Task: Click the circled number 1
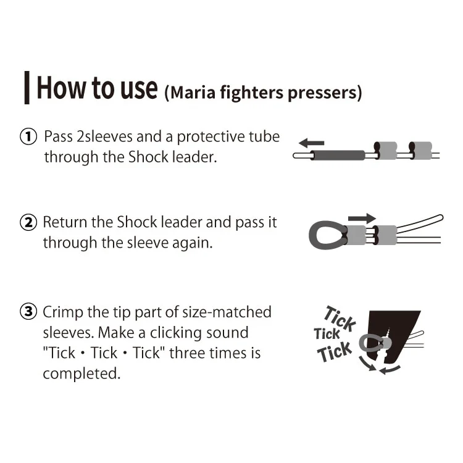(x=28, y=136)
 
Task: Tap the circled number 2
(x=28, y=222)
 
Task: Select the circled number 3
(x=28, y=312)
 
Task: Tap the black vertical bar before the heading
(x=27, y=88)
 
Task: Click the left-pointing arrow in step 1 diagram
(x=311, y=143)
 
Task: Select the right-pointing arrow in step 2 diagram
(x=362, y=219)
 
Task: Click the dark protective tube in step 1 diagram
(x=338, y=156)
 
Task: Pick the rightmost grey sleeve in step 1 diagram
(x=420, y=151)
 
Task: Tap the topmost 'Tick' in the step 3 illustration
(x=340, y=319)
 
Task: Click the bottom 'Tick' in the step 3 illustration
(x=335, y=352)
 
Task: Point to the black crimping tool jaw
(x=396, y=333)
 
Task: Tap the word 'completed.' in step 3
(x=81, y=374)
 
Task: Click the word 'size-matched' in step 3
(x=227, y=312)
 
